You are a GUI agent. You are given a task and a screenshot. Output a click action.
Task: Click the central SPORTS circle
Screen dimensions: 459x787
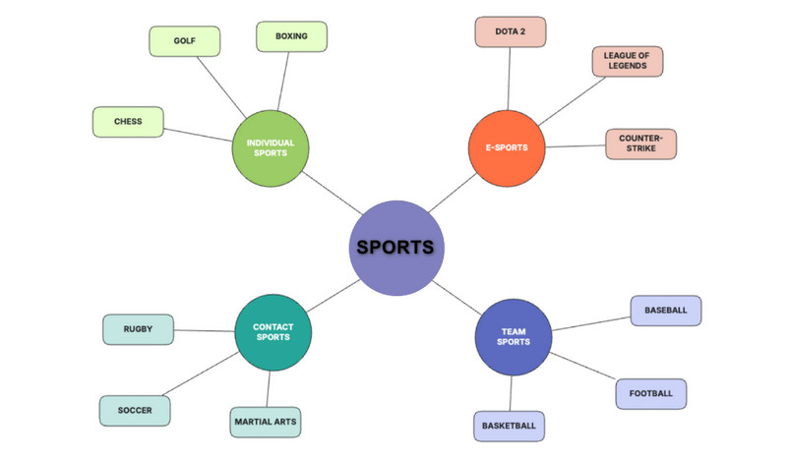tap(395, 247)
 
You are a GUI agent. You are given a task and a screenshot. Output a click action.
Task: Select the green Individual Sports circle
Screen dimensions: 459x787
tap(271, 147)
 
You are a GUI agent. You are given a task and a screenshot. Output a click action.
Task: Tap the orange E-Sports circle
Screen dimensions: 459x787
tap(507, 147)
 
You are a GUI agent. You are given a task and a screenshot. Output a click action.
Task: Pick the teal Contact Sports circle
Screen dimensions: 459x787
tap(273, 332)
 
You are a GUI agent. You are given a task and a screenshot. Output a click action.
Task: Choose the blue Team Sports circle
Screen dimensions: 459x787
tap(513, 336)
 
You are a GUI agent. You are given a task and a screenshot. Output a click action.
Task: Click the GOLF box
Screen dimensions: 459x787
tap(184, 41)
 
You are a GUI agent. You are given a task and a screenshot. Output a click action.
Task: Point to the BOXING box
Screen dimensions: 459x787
tap(291, 36)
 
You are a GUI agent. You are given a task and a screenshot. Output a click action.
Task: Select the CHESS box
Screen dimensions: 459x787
tap(128, 122)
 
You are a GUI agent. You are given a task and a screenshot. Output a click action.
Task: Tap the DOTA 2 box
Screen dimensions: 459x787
tap(510, 31)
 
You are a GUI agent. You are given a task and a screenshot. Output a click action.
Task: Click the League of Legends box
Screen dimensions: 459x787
tap(627, 61)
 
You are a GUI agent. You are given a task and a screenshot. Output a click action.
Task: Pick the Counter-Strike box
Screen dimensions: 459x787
tap(640, 143)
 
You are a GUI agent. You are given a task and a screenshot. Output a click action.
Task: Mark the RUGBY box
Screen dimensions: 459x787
tap(138, 329)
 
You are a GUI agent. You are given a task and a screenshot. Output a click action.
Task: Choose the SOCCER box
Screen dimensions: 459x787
tap(136, 410)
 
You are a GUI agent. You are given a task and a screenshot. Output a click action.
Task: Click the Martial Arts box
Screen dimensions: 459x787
tap(266, 423)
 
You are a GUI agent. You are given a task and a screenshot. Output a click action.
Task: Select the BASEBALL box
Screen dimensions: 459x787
tap(666, 310)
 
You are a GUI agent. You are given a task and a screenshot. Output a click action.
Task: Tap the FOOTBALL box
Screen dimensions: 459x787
tap(650, 393)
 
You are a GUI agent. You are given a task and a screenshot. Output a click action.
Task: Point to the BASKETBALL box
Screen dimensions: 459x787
tap(509, 426)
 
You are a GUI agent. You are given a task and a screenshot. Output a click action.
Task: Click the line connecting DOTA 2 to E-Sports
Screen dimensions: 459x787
tap(510, 79)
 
